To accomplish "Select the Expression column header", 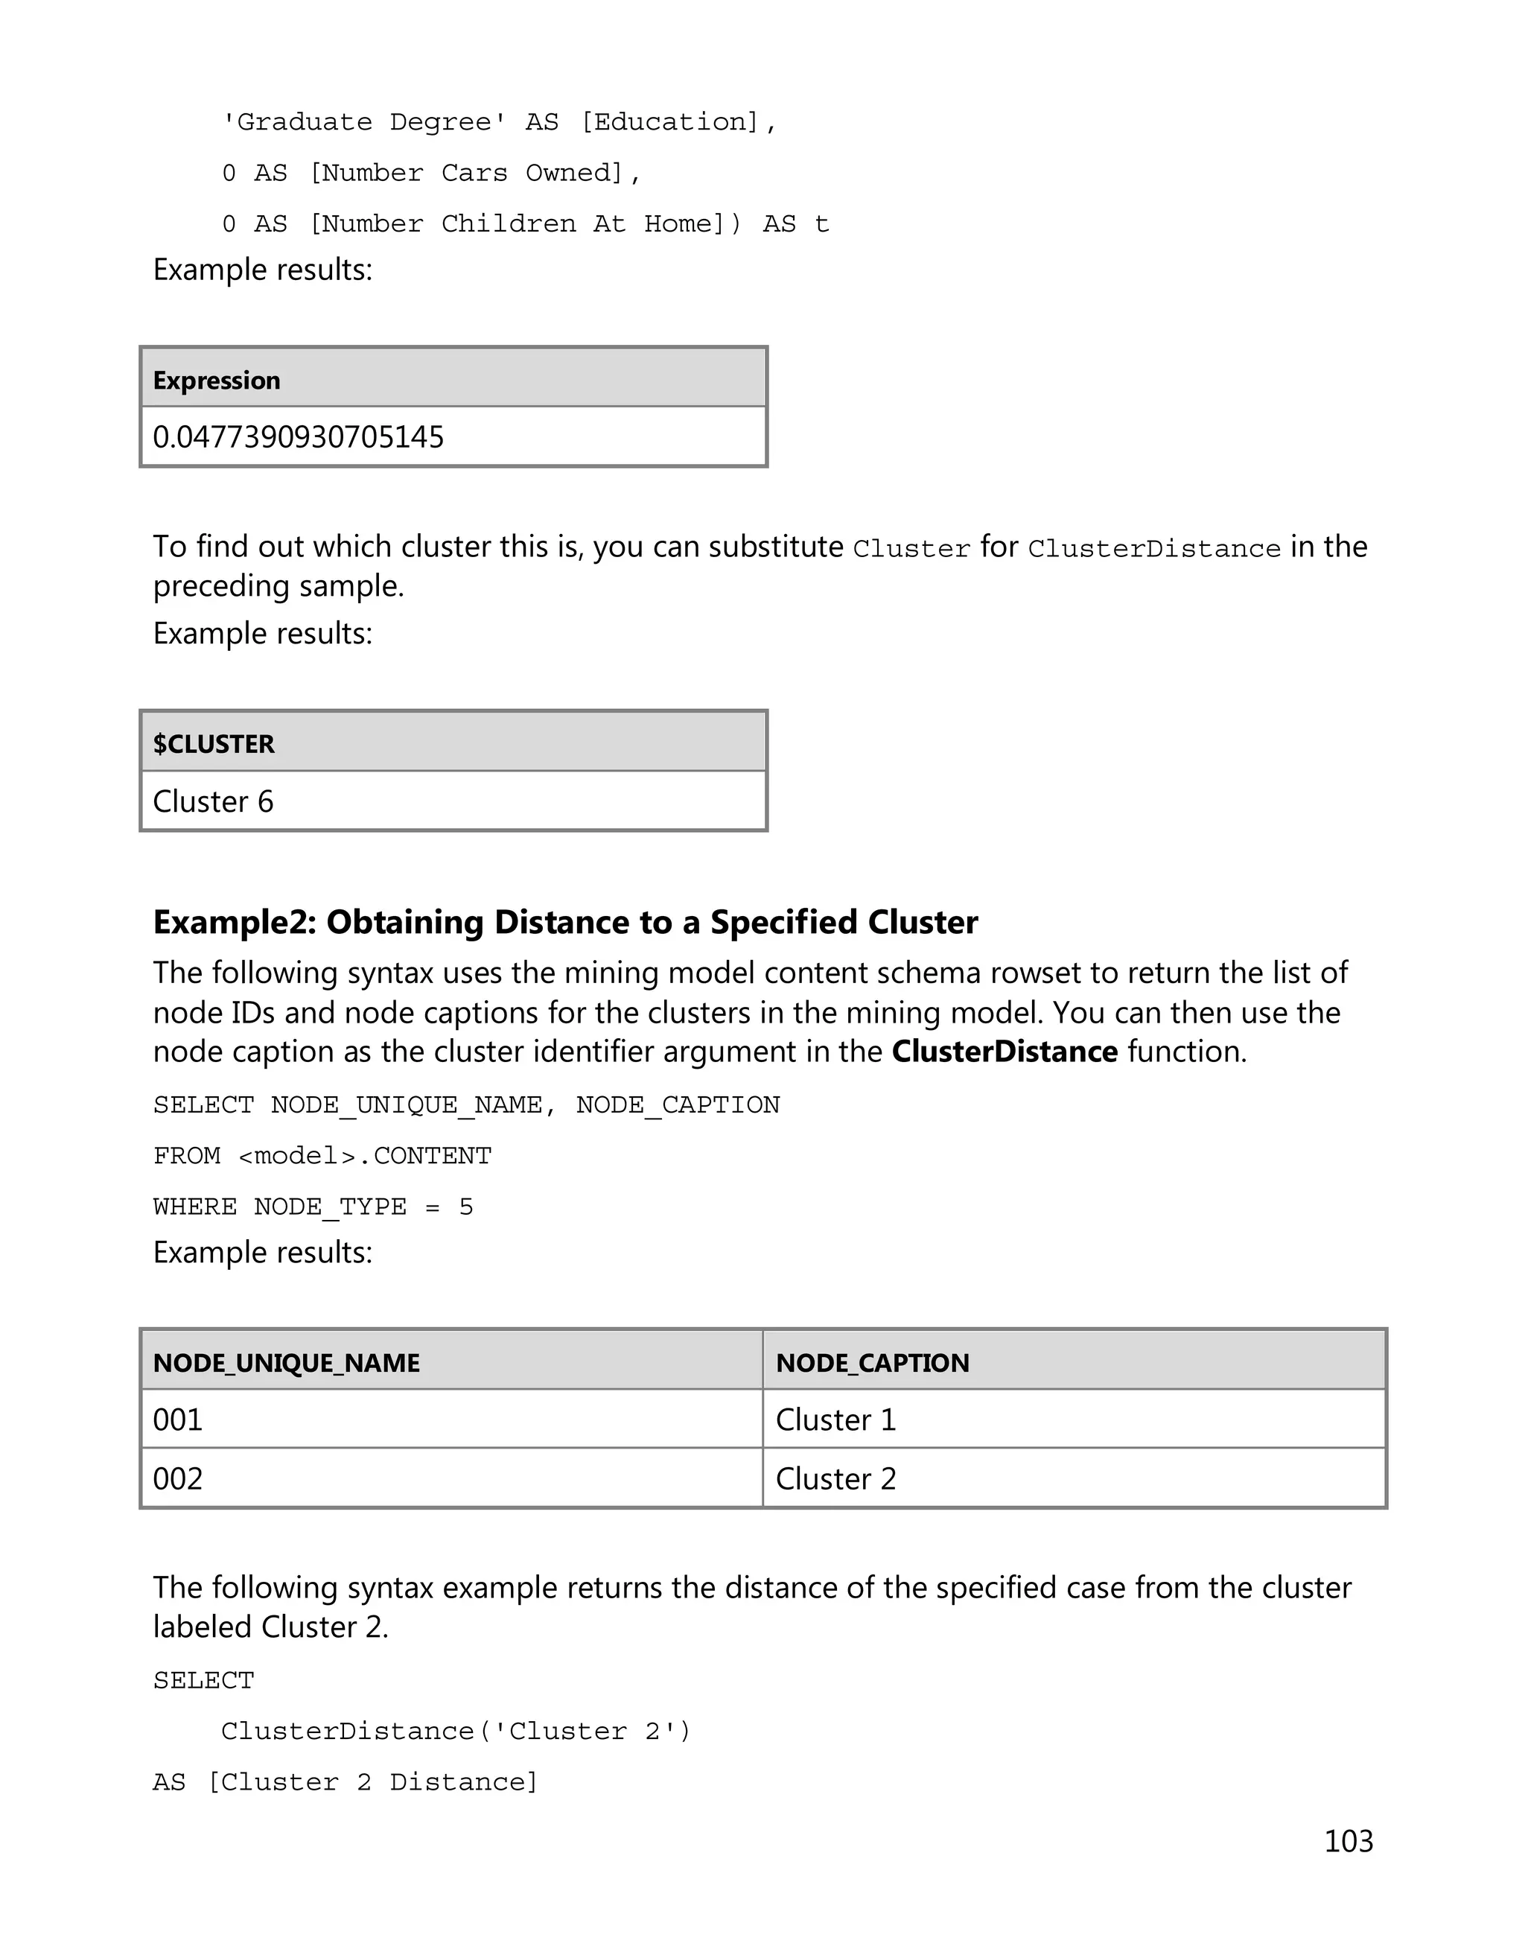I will (216, 381).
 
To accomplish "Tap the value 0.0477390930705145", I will (298, 437).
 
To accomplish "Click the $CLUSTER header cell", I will (213, 744).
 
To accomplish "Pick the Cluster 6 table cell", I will (213, 801).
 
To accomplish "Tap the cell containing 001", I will (178, 1420).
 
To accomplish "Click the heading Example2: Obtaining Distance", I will (564, 922).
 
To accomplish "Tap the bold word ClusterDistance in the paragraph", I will (1005, 1051).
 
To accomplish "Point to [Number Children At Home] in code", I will (524, 223).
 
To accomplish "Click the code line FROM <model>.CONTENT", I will (322, 1156).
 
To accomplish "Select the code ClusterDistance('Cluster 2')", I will (456, 1732).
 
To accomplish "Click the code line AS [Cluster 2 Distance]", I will (346, 1782).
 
